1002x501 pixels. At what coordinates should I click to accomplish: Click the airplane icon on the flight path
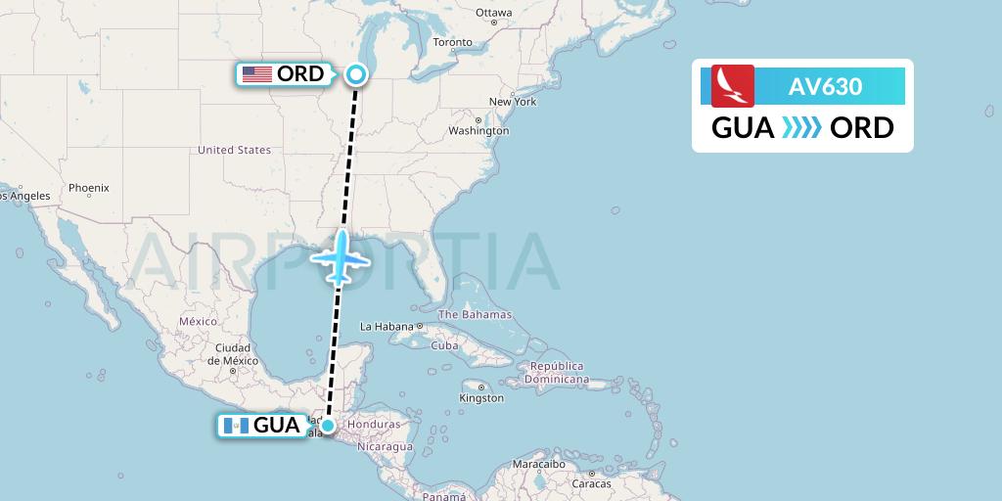[x=340, y=258]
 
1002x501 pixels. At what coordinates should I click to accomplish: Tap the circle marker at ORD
[x=356, y=73]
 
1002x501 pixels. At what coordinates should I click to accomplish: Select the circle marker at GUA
[x=329, y=425]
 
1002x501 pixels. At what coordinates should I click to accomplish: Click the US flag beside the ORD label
[x=257, y=73]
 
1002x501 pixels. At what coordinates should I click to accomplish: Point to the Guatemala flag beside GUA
[x=233, y=426]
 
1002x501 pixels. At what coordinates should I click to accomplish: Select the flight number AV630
[x=825, y=86]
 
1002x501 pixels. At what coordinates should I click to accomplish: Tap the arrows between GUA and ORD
[x=802, y=128]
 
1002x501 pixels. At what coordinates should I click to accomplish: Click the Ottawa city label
[x=493, y=13]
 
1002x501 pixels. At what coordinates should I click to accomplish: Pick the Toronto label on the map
[x=453, y=42]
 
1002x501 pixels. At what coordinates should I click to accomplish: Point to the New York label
[x=513, y=102]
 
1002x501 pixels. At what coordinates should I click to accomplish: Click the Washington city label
[x=479, y=130]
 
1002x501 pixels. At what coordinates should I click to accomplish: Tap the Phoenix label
[x=89, y=187]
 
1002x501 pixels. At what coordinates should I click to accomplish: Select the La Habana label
[x=387, y=327]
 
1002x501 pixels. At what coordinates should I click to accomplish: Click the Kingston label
[x=481, y=398]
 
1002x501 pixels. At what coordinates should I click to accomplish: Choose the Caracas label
[x=592, y=483]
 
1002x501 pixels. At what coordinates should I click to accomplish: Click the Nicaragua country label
[x=385, y=446]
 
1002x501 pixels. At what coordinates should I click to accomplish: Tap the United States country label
[x=234, y=150]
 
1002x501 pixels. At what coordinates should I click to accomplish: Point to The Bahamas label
[x=475, y=315]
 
